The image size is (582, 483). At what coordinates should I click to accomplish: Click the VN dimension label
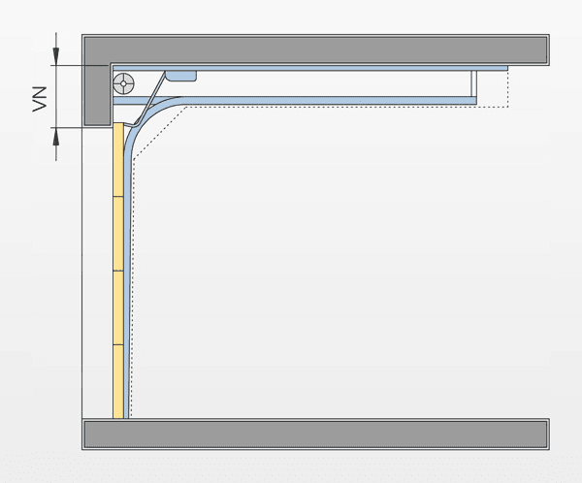(x=40, y=99)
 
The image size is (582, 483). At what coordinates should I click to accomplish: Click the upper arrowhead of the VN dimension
(x=56, y=56)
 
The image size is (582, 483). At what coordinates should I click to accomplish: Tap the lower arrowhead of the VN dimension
(x=56, y=137)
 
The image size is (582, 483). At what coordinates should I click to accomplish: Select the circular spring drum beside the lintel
(x=123, y=84)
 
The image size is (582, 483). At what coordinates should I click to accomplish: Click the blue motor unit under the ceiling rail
(x=180, y=76)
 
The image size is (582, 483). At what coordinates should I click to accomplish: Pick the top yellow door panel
(x=118, y=160)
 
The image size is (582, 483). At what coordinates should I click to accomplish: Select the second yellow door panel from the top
(x=118, y=234)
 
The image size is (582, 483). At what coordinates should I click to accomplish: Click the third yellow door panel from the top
(x=118, y=307)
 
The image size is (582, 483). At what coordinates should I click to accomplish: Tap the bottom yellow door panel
(x=118, y=381)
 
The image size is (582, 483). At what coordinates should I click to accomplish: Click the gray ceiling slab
(x=315, y=49)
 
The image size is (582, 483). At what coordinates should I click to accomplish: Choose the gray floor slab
(x=315, y=434)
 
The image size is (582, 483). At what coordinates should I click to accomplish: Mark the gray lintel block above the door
(x=97, y=95)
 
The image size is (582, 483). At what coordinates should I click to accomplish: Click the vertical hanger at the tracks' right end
(x=474, y=83)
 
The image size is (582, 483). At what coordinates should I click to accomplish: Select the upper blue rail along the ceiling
(x=310, y=68)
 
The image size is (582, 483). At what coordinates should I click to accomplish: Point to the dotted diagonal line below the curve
(x=159, y=133)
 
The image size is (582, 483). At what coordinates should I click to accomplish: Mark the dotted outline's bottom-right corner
(x=507, y=107)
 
